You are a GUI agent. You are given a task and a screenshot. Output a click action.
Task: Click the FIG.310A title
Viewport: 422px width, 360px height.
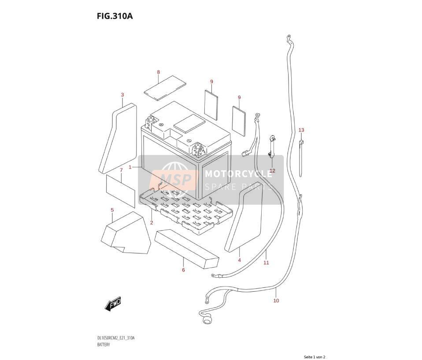pyautogui.click(x=115, y=16)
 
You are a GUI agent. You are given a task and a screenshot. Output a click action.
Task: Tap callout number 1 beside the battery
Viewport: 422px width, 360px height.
pyautogui.click(x=130, y=167)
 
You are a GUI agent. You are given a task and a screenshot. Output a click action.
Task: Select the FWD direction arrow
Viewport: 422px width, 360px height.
pyautogui.click(x=113, y=304)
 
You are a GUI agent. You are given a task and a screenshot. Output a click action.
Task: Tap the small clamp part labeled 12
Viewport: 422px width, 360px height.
pyautogui.click(x=271, y=146)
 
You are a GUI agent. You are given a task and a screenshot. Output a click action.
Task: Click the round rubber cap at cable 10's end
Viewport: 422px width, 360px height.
pyautogui.click(x=207, y=320)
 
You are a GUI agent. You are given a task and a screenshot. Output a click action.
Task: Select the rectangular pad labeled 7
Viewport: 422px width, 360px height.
pyautogui.click(x=120, y=191)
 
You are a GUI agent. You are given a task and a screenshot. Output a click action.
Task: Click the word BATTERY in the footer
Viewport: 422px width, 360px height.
pyautogui.click(x=104, y=345)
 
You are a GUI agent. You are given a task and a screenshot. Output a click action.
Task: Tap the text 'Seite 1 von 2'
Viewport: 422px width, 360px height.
pyautogui.click(x=315, y=357)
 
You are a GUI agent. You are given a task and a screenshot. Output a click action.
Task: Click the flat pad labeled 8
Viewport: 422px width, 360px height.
pyautogui.click(x=165, y=88)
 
